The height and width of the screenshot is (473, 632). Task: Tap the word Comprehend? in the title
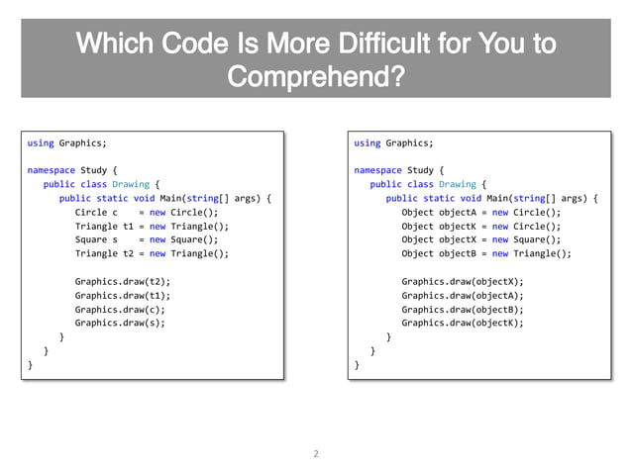coord(316,77)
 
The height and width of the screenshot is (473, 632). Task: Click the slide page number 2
coord(316,455)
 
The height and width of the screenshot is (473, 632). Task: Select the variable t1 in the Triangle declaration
coord(129,226)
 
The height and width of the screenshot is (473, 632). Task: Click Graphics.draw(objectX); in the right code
coord(463,281)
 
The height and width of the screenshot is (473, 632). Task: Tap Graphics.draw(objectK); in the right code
coord(463,323)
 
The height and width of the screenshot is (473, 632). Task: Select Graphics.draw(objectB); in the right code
coord(463,309)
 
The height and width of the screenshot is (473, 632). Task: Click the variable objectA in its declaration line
coord(459,212)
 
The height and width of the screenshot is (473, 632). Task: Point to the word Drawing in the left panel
coord(131,184)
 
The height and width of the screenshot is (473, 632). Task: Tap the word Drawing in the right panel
coord(458,184)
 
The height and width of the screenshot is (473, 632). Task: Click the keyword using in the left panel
coord(41,142)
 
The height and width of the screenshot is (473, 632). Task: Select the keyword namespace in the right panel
coord(377,170)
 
